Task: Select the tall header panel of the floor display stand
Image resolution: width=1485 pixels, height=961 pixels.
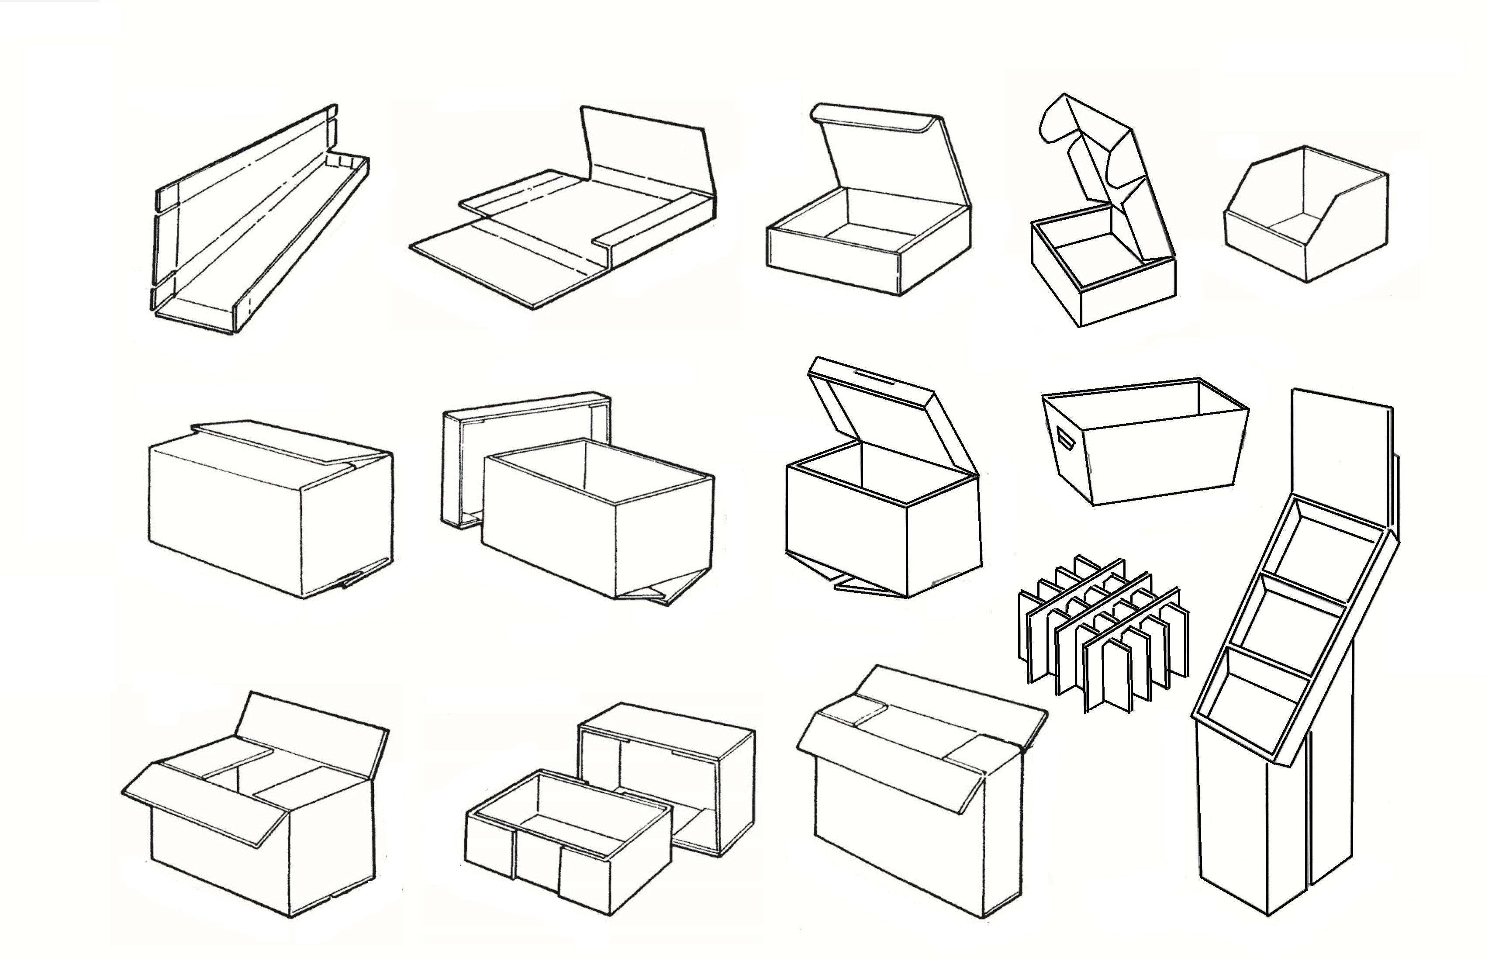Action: point(1340,462)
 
